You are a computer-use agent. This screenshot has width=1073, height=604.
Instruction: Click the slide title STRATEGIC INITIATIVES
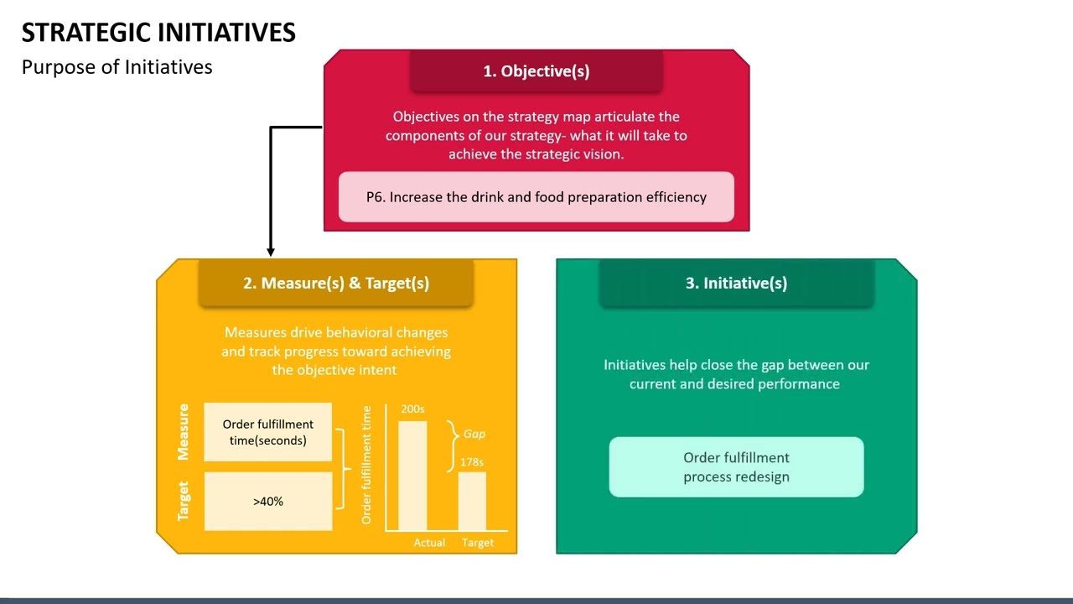click(x=158, y=33)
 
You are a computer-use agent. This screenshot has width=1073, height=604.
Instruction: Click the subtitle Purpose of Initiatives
click(x=117, y=67)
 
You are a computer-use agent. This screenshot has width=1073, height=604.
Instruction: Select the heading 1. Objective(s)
click(x=536, y=71)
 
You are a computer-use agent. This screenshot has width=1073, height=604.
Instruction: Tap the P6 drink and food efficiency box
click(x=536, y=197)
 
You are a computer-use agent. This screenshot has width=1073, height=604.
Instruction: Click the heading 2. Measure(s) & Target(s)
click(x=336, y=283)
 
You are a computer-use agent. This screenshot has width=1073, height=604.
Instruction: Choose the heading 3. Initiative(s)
click(x=736, y=283)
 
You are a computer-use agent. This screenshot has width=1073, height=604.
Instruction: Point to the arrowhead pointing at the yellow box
click(x=271, y=250)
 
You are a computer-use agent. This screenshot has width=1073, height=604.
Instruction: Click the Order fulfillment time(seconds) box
click(x=268, y=432)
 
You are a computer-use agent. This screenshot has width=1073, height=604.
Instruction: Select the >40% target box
click(x=268, y=501)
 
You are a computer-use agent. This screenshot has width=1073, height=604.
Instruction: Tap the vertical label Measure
click(x=184, y=432)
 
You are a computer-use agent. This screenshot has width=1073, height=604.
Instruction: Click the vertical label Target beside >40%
click(x=184, y=501)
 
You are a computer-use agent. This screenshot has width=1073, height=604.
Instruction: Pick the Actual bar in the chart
click(x=412, y=476)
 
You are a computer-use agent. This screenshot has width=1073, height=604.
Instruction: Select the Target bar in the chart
click(x=472, y=501)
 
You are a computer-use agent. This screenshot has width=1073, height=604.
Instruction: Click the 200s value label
click(x=412, y=409)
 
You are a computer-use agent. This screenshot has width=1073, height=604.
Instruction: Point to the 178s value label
click(x=471, y=462)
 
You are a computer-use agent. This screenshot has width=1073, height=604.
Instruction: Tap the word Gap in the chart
click(x=474, y=434)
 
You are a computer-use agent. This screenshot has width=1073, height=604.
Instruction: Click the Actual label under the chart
click(x=429, y=543)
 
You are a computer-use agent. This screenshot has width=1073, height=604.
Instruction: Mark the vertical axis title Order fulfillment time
click(x=366, y=465)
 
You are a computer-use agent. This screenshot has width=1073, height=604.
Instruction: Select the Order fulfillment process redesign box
click(x=736, y=467)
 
